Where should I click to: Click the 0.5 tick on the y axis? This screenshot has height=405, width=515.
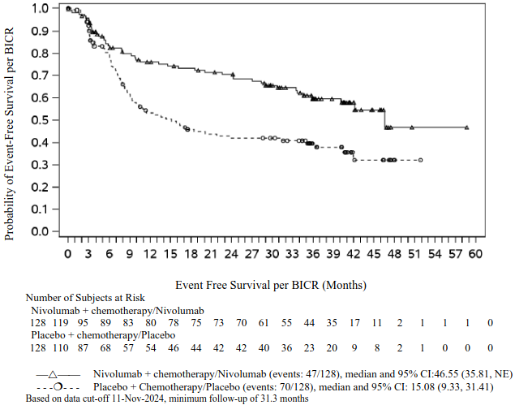click(60, 120)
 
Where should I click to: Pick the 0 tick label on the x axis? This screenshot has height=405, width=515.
click(68, 254)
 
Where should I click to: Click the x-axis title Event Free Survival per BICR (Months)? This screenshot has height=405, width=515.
click(271, 286)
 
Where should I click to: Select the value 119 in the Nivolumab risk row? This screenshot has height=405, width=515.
click(60, 323)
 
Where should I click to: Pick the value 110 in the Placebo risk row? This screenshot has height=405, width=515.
click(60, 347)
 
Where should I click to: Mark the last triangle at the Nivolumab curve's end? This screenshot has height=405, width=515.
click(467, 127)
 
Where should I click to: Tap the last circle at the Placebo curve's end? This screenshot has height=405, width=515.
click(420, 160)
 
